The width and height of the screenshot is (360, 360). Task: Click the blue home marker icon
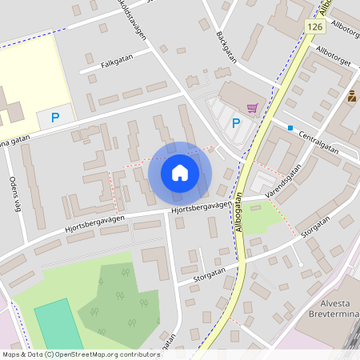click(x=180, y=172)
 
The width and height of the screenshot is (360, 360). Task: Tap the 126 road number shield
click(x=312, y=28)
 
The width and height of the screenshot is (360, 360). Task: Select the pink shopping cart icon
click(x=252, y=108)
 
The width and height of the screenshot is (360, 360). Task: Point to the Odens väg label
click(x=13, y=193)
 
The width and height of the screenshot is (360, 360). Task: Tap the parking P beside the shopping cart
click(x=235, y=123)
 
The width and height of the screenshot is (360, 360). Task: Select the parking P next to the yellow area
click(x=54, y=118)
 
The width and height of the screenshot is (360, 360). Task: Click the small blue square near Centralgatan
click(x=290, y=128)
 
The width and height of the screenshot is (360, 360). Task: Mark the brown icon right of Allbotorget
click(x=351, y=98)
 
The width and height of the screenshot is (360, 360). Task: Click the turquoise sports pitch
click(x=56, y=325)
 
